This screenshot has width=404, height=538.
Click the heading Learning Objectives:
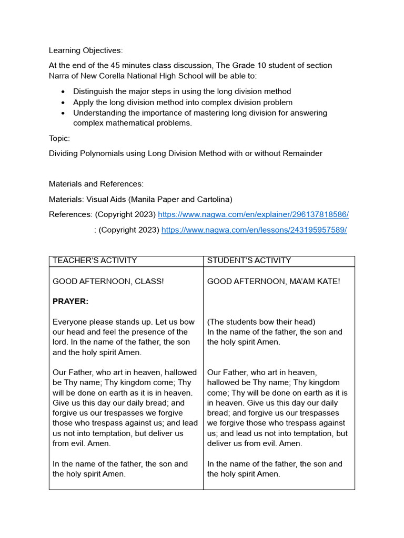[x=86, y=50]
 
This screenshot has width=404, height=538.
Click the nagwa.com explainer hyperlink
[x=253, y=214]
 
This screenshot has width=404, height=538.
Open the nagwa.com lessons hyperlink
[x=254, y=230]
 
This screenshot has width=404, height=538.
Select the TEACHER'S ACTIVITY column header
[x=95, y=261]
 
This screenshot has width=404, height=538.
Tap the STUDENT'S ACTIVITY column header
[x=249, y=261]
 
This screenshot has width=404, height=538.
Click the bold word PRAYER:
[x=70, y=302]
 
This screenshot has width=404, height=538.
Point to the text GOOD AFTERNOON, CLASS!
[x=108, y=282]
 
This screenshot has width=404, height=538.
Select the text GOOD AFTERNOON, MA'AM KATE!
[x=274, y=282]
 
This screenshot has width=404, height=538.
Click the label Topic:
[x=59, y=138]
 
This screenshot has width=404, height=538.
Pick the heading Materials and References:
[x=96, y=184]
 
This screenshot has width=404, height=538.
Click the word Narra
[x=59, y=76]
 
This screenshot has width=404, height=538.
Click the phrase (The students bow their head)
[x=261, y=322]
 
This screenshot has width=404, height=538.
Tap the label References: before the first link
[x=70, y=214]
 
